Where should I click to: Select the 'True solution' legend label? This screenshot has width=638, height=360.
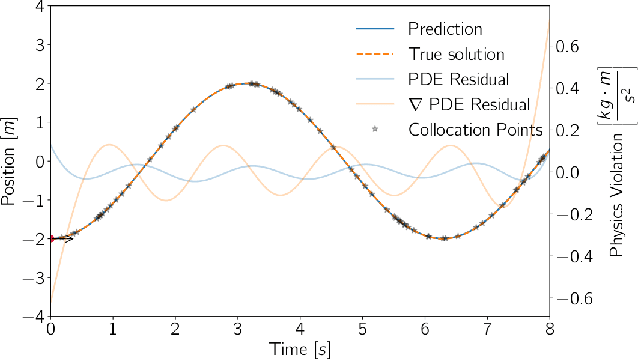pyautogui.click(x=456, y=54)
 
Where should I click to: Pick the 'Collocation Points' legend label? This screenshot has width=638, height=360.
pyautogui.click(x=476, y=129)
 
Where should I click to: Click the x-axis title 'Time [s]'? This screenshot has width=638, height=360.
pyautogui.click(x=299, y=348)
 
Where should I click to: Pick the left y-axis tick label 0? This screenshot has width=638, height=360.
pyautogui.click(x=37, y=161)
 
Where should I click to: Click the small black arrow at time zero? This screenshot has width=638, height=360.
pyautogui.click(x=62, y=238)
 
